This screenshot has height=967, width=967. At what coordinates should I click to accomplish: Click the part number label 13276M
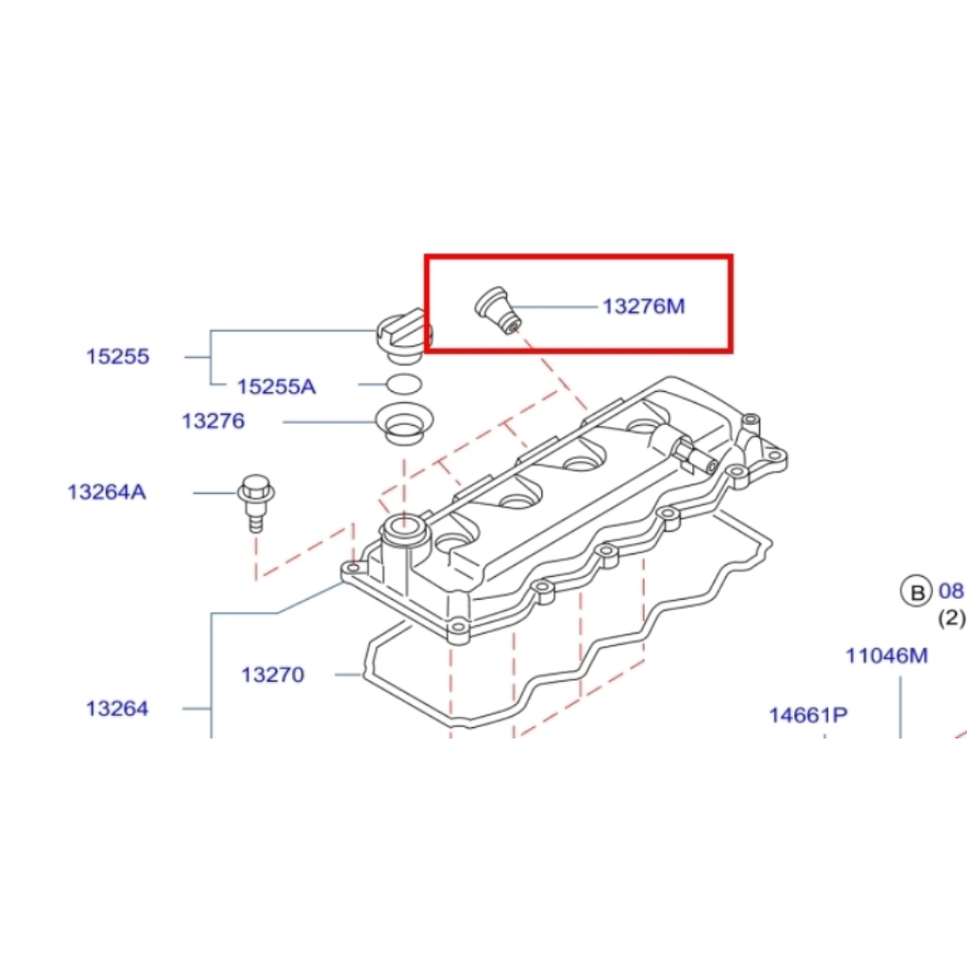point(644,307)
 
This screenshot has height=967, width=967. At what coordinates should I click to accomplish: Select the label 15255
point(118,356)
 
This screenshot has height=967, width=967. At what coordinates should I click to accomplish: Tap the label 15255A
point(277,386)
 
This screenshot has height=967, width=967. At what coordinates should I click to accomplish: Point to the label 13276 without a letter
point(213,421)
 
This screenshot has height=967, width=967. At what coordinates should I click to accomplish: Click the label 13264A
point(107,492)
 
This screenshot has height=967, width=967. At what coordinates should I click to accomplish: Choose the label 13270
point(273,674)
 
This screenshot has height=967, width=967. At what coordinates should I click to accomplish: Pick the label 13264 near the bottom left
point(117,708)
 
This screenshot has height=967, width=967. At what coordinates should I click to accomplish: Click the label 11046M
point(887,655)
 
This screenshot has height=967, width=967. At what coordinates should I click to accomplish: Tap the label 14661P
point(808,716)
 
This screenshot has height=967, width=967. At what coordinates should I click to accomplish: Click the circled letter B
point(916,592)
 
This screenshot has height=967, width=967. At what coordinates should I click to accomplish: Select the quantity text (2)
point(952,618)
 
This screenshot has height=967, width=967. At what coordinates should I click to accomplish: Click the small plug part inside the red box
point(498,310)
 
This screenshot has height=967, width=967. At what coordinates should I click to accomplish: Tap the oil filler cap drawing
point(404,338)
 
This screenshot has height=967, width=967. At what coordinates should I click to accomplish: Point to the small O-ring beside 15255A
point(404,385)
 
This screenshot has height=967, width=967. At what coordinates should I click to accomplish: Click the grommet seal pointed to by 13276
point(404,423)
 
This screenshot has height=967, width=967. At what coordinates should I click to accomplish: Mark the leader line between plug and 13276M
point(555,307)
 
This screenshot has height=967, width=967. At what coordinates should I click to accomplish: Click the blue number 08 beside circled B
point(951,591)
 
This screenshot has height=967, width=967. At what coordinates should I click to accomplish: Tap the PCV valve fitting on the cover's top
point(683,450)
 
